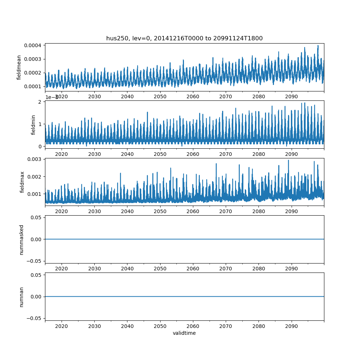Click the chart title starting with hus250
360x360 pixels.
(x=184, y=38)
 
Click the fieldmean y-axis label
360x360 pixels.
(x=19, y=67)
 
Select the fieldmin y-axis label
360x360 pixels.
(x=33, y=125)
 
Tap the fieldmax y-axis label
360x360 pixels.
(x=22, y=182)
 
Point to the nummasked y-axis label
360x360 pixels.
(x=21, y=239)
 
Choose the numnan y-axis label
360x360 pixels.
(x=21, y=297)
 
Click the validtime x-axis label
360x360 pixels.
(x=184, y=333)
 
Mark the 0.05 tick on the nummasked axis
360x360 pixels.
(x=35, y=217)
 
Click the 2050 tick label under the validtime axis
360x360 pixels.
(x=160, y=326)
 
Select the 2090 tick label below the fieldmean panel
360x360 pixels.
(x=292, y=96)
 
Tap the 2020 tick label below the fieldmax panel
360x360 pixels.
(x=62, y=211)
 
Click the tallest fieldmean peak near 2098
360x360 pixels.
(x=318, y=46)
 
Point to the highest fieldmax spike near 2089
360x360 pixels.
(x=288, y=160)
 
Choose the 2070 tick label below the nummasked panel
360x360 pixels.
(x=226, y=269)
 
